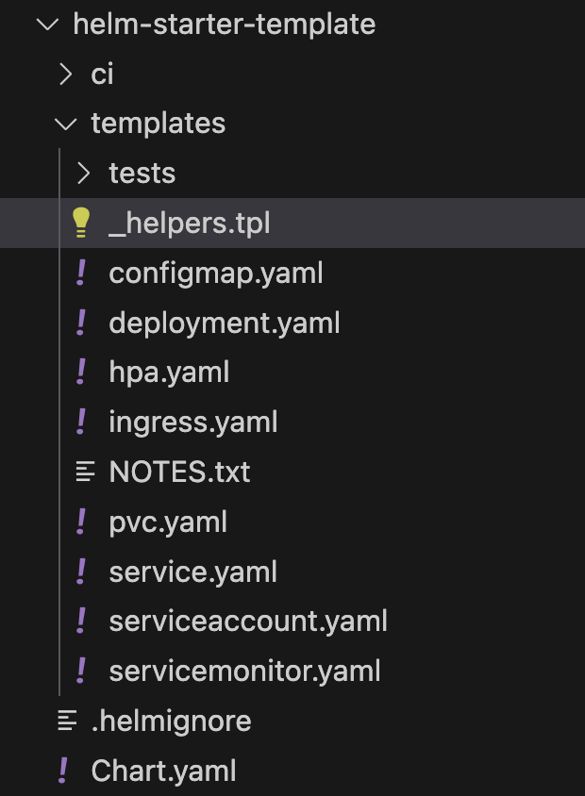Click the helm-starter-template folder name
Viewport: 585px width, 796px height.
tap(224, 24)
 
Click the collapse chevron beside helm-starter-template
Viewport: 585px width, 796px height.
tap(46, 24)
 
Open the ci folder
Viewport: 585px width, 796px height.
tap(102, 74)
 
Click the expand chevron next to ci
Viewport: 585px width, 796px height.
tap(65, 74)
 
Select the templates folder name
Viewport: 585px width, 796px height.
tap(158, 124)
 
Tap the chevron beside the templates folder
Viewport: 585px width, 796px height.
tap(65, 124)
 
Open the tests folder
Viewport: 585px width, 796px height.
tap(142, 174)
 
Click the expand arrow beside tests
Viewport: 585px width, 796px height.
tap(83, 174)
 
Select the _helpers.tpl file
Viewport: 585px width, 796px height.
tap(190, 224)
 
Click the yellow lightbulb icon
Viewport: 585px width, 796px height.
tap(81, 223)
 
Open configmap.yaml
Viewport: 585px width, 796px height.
tap(216, 274)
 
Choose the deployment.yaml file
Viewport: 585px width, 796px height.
tap(225, 323)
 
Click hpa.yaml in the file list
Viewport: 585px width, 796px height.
tap(170, 373)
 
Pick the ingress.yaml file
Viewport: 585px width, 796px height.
tap(193, 422)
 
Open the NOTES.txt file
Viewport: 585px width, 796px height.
tap(179, 472)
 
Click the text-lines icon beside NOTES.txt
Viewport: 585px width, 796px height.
tap(85, 471)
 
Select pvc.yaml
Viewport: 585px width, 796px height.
tap(168, 522)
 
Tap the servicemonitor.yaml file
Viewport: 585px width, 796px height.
tap(244, 672)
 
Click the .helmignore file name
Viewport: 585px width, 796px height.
tap(171, 721)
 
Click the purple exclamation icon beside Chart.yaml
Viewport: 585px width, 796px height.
tap(63, 771)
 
